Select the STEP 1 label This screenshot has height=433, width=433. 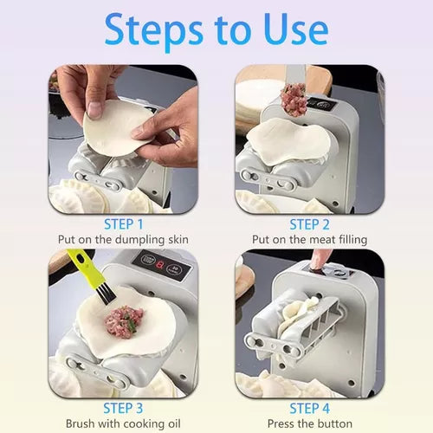point(123,224)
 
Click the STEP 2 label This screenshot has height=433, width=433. point(309,224)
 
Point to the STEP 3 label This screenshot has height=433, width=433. point(123,408)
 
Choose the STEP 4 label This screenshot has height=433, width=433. point(309,408)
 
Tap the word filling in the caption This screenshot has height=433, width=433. point(352,240)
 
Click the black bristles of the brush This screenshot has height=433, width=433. point(106,294)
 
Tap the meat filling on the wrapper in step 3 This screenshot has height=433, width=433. point(125,321)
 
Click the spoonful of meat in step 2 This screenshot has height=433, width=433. point(294,99)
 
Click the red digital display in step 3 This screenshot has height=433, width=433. point(159,264)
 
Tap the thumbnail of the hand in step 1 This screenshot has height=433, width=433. point(94,110)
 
